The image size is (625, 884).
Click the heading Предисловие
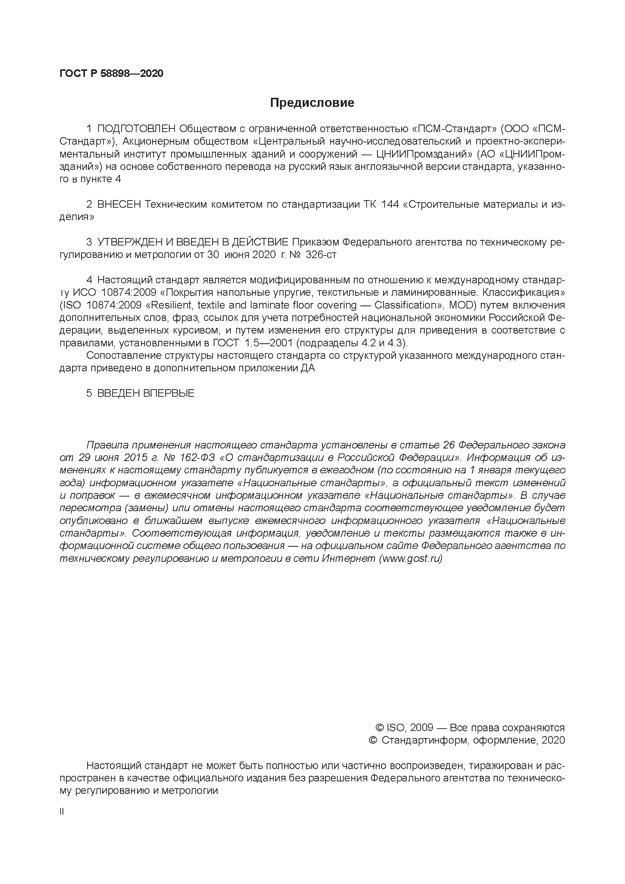point(312,103)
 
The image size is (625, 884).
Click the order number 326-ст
point(321,255)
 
